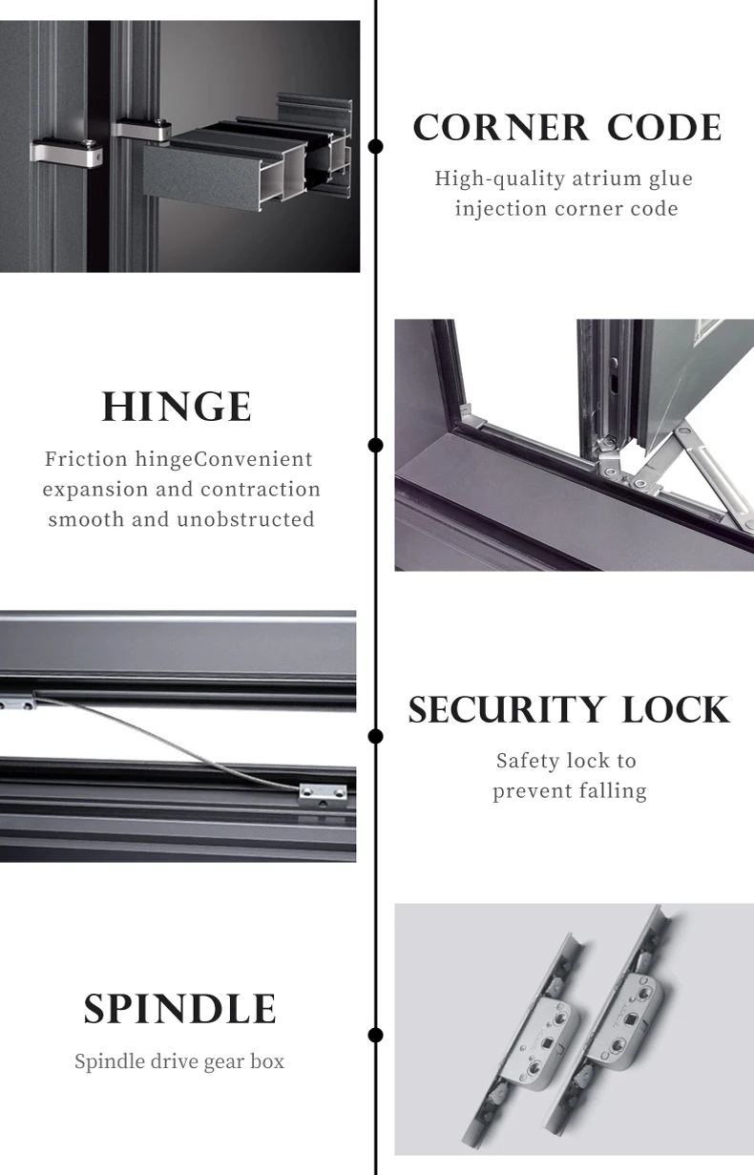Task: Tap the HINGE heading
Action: (177, 407)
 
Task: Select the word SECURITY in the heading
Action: (506, 710)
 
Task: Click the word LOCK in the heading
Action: (676, 710)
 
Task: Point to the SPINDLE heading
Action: (179, 1009)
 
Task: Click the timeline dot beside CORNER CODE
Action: (376, 146)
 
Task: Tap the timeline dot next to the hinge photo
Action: (376, 445)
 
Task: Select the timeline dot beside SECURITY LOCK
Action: (376, 736)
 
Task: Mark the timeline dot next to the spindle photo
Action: (376, 1035)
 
